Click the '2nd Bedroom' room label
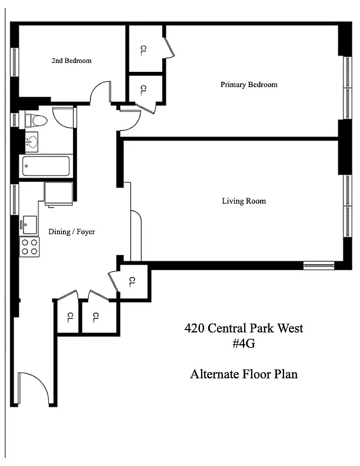[x=71, y=61]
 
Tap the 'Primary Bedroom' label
[x=249, y=85]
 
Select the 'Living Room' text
[x=244, y=201]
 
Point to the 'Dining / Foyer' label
[x=72, y=231]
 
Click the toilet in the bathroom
[x=36, y=121]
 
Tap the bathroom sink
[x=32, y=142]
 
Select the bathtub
[x=46, y=166]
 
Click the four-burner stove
[x=29, y=247]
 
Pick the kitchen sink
[x=29, y=225]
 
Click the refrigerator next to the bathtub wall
[x=58, y=193]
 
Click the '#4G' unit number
[x=244, y=344]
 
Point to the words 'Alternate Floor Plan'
[x=244, y=374]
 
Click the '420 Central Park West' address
[x=244, y=328]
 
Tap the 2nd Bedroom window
[x=14, y=62]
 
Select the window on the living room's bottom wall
[x=319, y=265]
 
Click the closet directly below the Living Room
[x=133, y=281]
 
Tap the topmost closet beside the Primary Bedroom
[x=145, y=49]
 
